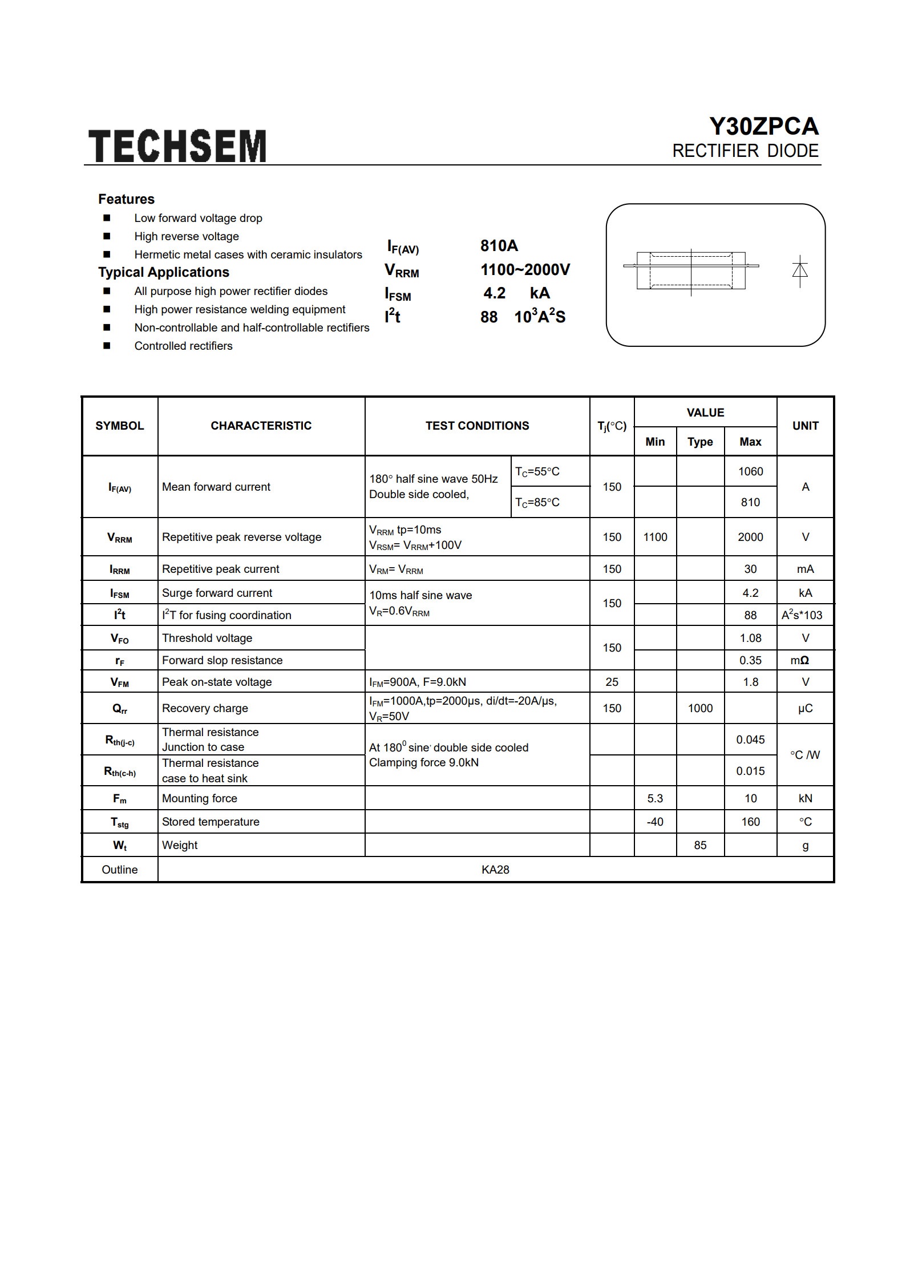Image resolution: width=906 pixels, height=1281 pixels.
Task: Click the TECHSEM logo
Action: pos(177,146)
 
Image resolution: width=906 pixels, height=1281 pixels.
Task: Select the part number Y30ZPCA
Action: pos(763,127)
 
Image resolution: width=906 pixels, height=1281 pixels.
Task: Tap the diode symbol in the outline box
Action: pos(800,270)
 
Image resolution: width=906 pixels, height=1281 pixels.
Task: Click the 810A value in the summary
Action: pos(499,246)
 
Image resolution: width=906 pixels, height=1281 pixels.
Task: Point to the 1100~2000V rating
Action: pos(525,270)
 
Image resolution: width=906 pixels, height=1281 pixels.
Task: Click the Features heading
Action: pos(126,199)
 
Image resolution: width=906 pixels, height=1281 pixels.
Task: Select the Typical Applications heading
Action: pos(164,272)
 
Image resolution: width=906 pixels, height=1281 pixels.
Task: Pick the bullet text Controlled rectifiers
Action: pos(183,346)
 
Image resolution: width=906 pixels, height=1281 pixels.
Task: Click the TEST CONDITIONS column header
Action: pos(477,426)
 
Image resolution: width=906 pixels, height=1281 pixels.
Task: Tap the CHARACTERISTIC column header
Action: pos(261,426)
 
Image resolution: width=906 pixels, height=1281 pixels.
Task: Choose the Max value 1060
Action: pos(750,471)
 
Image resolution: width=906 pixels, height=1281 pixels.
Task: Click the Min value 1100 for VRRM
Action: pos(655,537)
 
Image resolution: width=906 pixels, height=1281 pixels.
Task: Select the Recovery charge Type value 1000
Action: pos(700,708)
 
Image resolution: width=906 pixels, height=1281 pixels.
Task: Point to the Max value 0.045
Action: pos(750,739)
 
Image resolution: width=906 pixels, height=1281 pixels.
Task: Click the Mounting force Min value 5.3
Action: pos(655,798)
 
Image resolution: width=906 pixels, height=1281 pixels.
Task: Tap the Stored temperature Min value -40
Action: pos(655,822)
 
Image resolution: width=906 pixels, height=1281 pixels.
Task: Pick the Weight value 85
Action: pos(700,845)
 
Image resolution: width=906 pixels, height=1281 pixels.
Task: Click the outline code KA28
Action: pos(495,870)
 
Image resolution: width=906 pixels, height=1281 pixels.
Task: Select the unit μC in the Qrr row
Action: pos(805,708)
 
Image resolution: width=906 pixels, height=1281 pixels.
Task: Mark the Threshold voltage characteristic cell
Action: pos(207,638)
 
